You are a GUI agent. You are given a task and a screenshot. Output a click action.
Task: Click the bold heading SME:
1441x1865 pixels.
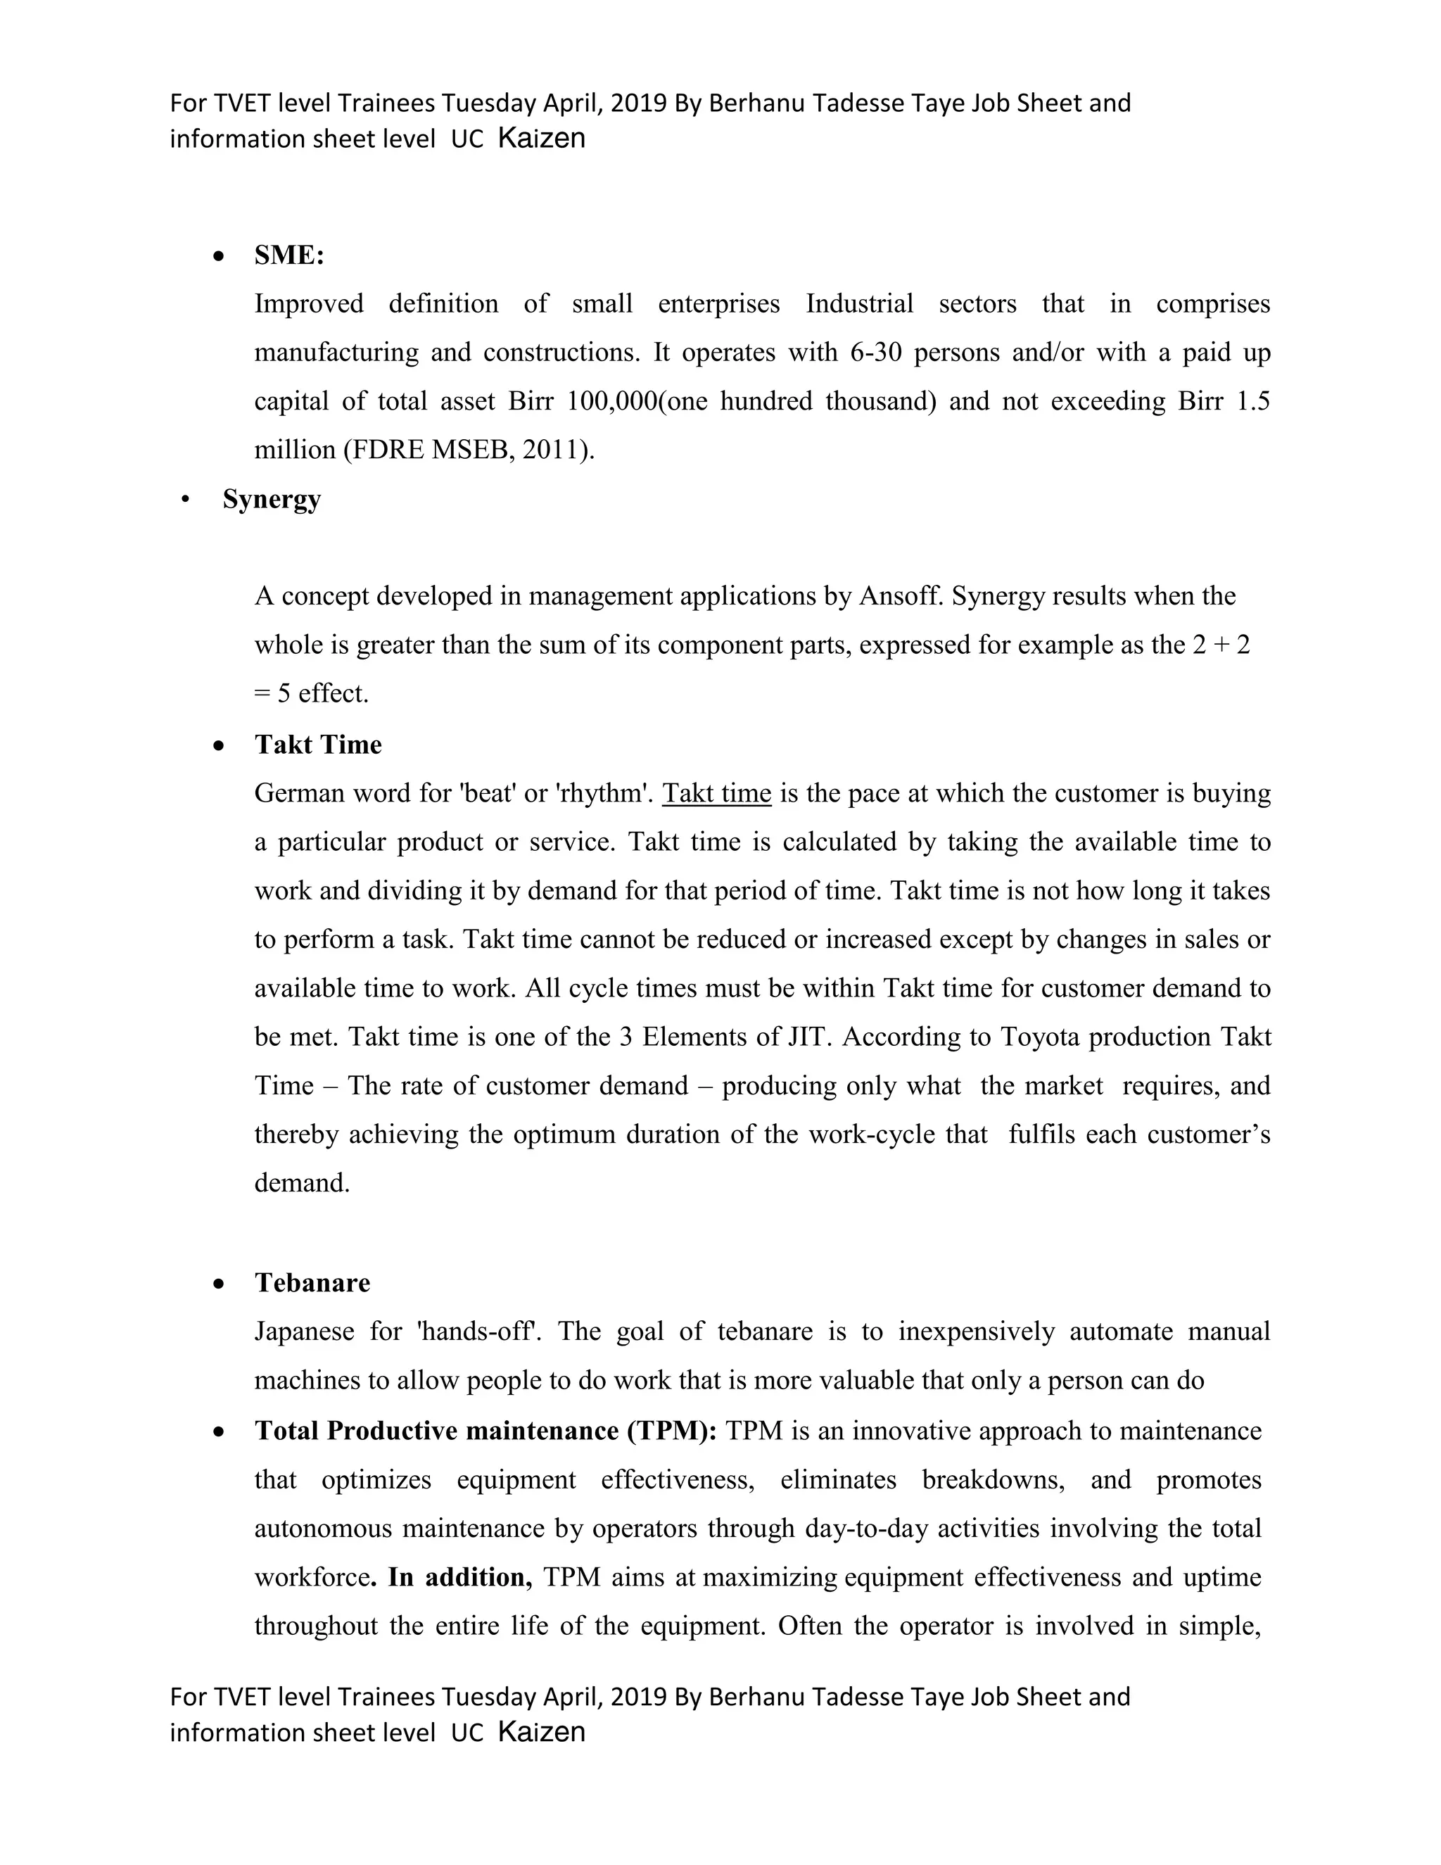point(288,255)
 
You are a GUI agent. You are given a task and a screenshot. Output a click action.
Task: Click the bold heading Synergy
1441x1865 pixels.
point(272,499)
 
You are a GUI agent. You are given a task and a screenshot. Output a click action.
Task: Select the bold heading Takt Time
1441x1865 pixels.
point(317,745)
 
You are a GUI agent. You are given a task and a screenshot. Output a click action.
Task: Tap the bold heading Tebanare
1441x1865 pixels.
point(312,1282)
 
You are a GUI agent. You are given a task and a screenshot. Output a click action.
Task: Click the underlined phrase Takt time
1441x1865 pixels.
point(716,793)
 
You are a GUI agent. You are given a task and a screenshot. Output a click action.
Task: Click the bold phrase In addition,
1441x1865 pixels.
point(459,1576)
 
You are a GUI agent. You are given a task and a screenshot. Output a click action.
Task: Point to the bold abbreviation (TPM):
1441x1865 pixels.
point(672,1430)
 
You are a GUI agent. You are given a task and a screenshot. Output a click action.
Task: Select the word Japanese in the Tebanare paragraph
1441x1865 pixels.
point(304,1332)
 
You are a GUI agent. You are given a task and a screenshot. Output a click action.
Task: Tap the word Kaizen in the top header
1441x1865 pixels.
point(541,139)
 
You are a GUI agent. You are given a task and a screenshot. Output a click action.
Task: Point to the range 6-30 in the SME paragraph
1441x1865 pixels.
point(876,353)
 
